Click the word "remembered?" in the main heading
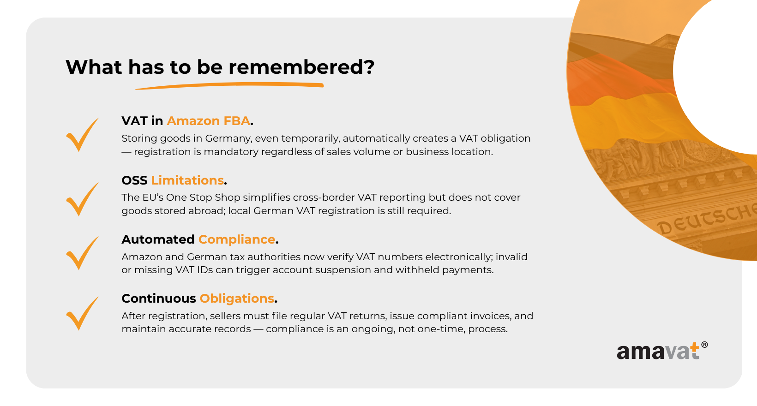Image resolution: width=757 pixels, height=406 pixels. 301,67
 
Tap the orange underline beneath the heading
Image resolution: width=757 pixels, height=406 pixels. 229,85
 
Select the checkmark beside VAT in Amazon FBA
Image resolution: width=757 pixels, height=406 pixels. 82,135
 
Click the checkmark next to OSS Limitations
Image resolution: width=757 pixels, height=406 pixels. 82,199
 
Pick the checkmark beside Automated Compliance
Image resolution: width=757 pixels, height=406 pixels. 82,253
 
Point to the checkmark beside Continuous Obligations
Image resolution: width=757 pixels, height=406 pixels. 82,313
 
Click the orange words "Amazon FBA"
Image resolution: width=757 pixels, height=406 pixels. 209,121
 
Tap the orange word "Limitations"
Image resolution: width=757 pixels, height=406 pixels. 187,180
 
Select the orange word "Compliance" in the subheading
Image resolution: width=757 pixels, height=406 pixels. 237,239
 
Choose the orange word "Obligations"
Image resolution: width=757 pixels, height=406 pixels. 237,299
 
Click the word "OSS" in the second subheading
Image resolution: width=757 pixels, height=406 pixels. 134,180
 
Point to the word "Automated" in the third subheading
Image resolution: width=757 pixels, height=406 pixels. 158,239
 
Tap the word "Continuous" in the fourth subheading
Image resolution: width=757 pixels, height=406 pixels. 159,299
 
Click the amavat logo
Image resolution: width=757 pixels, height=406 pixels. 662,351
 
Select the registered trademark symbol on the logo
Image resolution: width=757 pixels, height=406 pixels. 704,345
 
